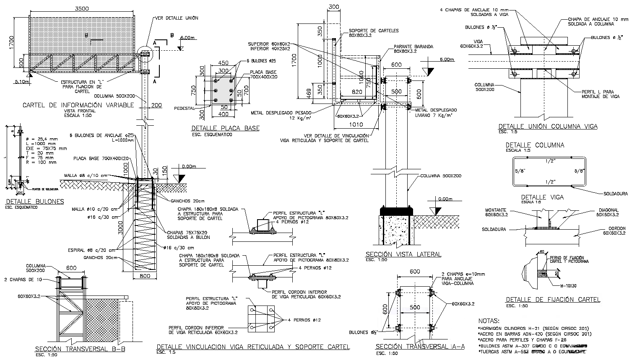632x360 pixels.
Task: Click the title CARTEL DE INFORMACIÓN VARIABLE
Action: (x=78, y=105)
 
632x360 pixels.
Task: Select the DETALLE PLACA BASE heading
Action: (x=225, y=128)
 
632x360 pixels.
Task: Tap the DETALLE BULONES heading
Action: (x=35, y=202)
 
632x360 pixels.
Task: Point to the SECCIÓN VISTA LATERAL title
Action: (x=403, y=254)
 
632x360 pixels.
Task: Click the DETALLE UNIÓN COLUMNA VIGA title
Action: (x=548, y=126)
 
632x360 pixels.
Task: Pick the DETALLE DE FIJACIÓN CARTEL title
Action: (x=553, y=300)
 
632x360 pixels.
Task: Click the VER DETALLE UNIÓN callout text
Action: (x=177, y=18)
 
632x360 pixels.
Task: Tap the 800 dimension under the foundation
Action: (x=145, y=276)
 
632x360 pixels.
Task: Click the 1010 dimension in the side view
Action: (x=355, y=124)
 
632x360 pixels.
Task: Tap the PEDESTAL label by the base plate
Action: (x=184, y=109)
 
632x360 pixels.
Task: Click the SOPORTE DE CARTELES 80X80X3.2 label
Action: (x=374, y=33)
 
